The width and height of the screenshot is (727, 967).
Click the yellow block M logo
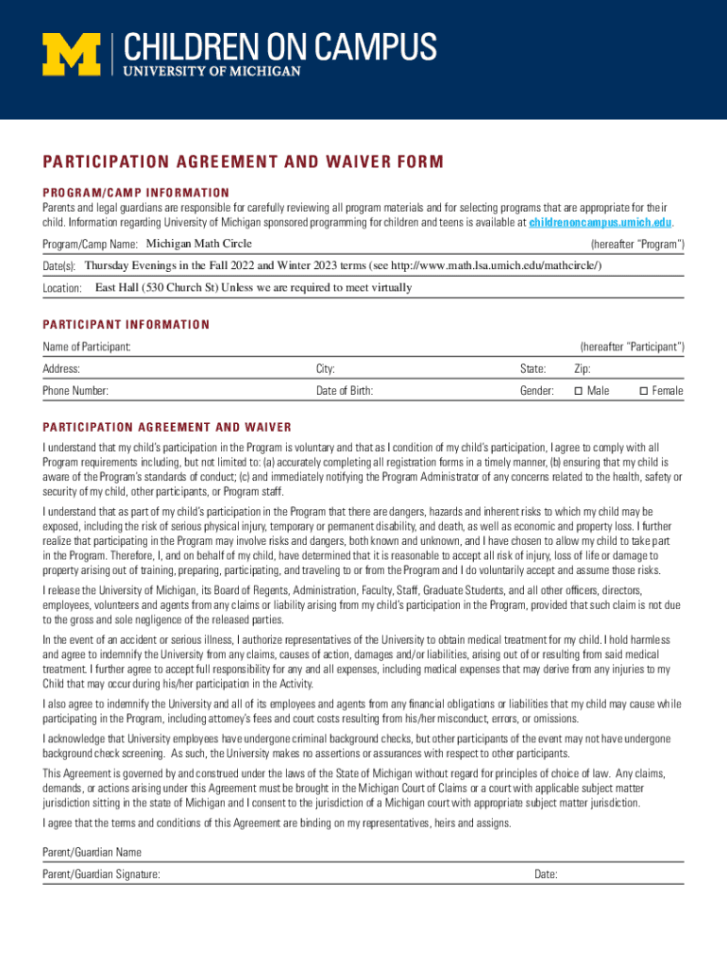(71, 54)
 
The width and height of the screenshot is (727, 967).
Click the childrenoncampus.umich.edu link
(600, 223)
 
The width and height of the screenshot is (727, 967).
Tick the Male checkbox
(579, 391)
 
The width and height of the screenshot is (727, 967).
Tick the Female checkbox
(644, 391)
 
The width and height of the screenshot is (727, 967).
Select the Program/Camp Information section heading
(136, 193)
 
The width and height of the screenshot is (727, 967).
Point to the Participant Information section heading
(126, 325)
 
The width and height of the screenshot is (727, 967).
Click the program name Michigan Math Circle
(198, 245)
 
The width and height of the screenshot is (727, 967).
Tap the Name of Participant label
(86, 348)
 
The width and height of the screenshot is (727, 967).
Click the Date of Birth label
(345, 391)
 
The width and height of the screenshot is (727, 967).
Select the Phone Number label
(76, 391)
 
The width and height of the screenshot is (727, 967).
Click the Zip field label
(583, 369)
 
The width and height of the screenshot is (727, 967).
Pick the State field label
(533, 369)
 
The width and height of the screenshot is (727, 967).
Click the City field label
(326, 369)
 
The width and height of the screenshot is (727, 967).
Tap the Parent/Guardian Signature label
(101, 875)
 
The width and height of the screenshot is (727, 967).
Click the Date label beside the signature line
(546, 875)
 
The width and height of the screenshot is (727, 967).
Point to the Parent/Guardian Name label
(92, 853)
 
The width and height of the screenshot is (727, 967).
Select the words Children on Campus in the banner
(279, 46)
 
